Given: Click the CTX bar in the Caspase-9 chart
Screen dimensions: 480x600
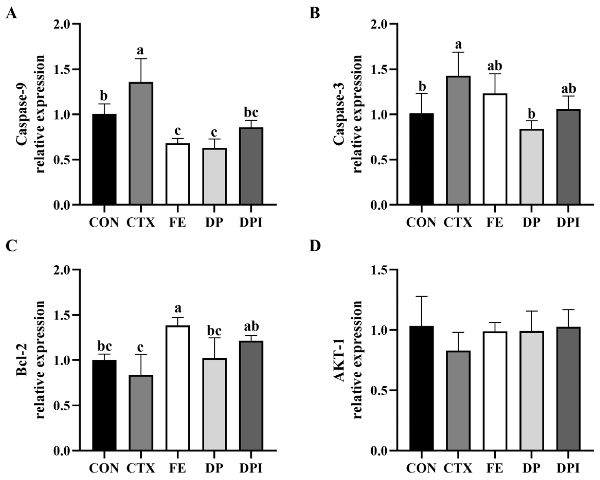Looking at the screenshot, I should point(141,143).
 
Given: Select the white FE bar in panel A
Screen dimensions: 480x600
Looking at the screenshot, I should point(177,174).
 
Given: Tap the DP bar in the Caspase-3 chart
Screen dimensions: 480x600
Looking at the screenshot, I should point(532,167).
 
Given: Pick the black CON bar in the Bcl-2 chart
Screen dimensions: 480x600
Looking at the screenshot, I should point(104,405).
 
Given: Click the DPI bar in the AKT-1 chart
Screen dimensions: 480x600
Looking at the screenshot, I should point(569,389).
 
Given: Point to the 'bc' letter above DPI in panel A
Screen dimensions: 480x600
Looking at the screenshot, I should point(251,113).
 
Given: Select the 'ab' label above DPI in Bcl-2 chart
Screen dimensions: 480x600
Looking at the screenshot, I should point(251,326).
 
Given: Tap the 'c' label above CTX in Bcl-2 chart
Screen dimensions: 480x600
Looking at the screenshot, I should point(141,347).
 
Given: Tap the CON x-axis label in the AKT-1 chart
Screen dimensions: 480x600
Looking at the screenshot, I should point(421,468).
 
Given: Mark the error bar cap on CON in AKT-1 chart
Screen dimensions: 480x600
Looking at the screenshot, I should point(422,296).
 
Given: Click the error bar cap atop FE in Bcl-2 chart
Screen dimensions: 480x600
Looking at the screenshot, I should point(177,317).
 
